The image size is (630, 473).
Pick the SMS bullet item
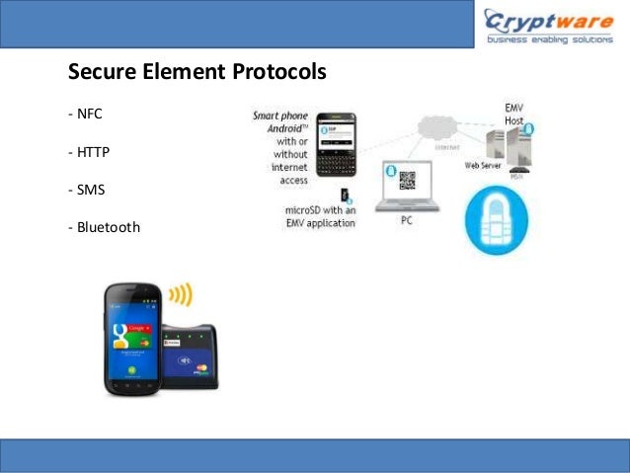pyautogui.click(x=86, y=191)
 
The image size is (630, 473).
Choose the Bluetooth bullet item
pyautogui.click(x=104, y=228)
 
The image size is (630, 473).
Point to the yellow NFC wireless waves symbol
pyautogui.click(x=181, y=295)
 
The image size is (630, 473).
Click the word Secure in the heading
pyautogui.click(x=99, y=73)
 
